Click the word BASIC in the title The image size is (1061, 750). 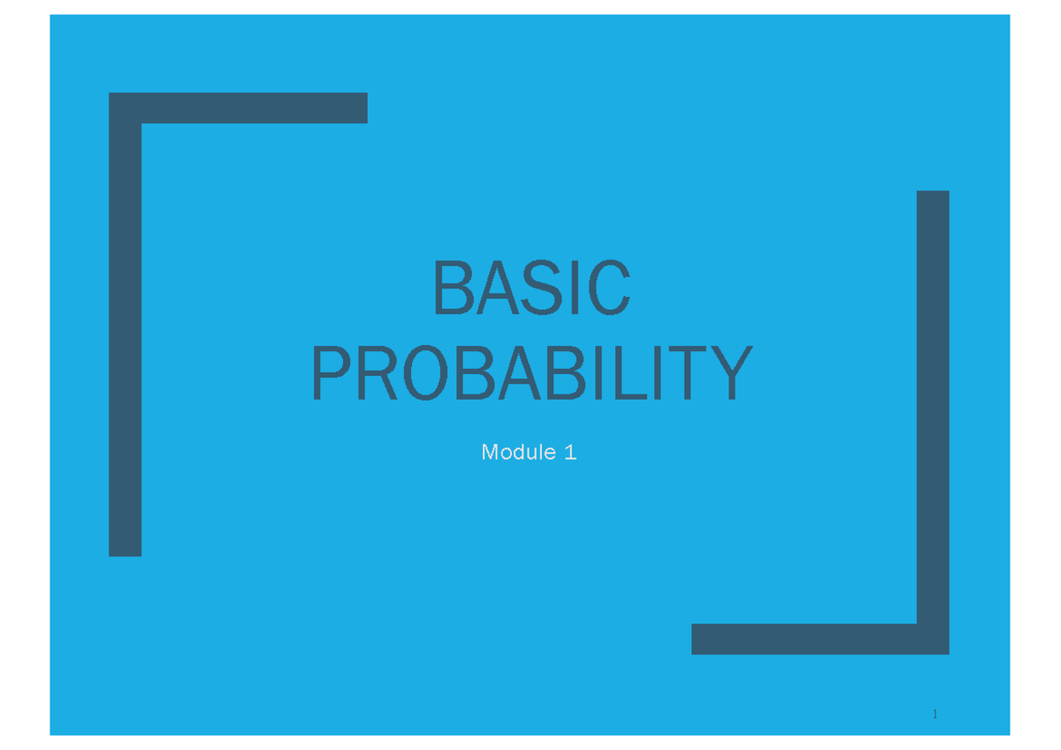pos(531,288)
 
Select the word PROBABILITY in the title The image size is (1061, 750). pos(531,374)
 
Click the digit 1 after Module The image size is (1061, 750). pos(570,453)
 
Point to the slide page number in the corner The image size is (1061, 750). pos(935,714)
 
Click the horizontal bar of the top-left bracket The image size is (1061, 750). pos(239,108)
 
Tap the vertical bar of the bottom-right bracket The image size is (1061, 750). pos(933,407)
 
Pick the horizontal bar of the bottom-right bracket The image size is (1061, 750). pos(805,639)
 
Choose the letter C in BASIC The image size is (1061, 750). pos(608,288)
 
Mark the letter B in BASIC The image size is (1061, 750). pos(453,288)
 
